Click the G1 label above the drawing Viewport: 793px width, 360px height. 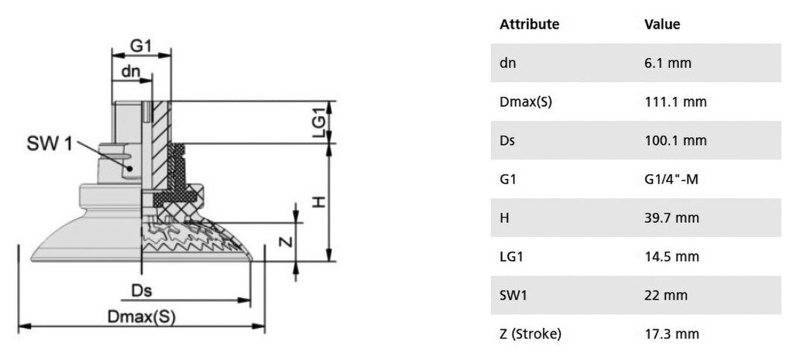coord(140,46)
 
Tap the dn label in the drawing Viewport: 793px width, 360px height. coord(130,71)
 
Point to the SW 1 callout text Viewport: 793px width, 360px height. coord(50,143)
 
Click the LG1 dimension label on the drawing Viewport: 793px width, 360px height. coord(318,122)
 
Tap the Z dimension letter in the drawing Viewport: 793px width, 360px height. coord(285,242)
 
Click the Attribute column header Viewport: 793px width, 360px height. coord(529,24)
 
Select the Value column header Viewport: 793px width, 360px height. coord(662,24)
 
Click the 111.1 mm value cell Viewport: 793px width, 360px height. coord(675,101)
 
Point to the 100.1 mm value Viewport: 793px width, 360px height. coord(675,140)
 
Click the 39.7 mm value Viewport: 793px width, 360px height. coord(671,218)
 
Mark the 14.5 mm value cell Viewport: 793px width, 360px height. coord(671,256)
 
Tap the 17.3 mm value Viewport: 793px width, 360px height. coord(671,334)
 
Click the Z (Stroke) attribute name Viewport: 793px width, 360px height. coord(530,334)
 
